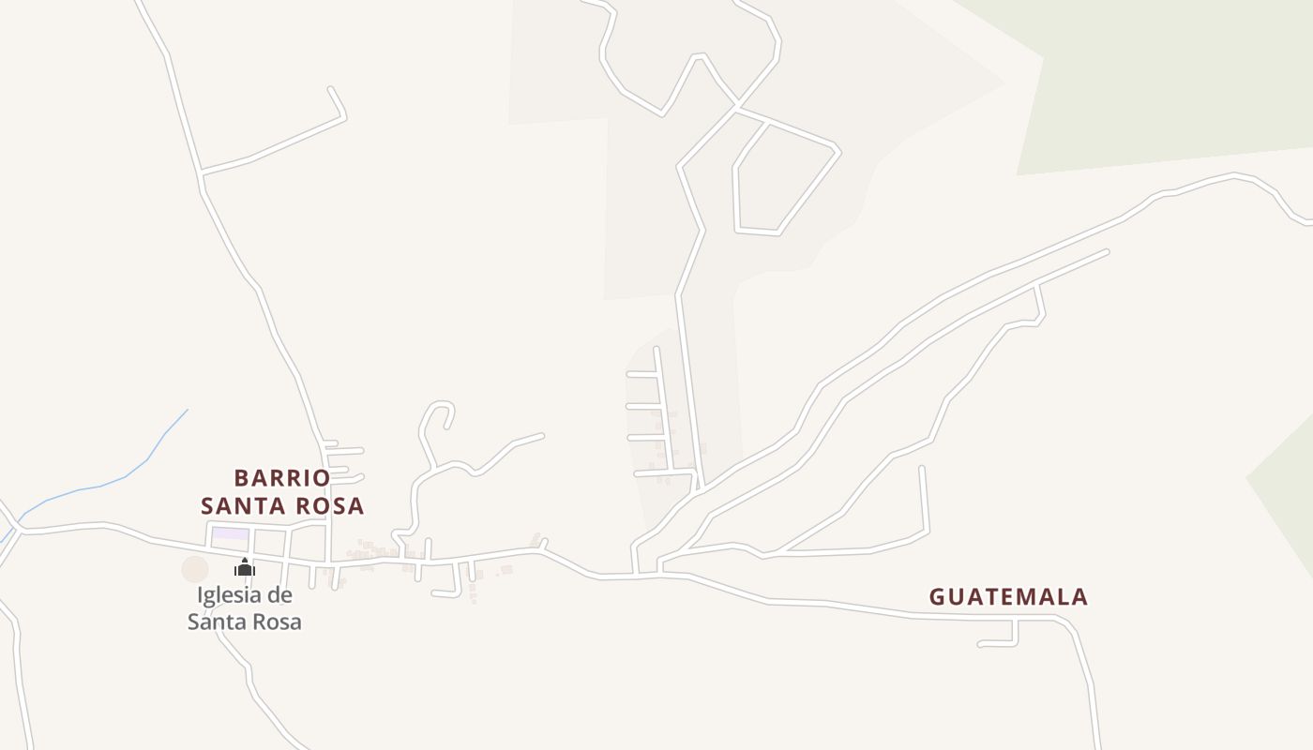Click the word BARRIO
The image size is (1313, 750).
click(x=281, y=478)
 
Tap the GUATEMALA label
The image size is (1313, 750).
click(x=1008, y=597)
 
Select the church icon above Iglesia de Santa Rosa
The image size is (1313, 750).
click(x=245, y=567)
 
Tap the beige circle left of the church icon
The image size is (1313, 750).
click(x=195, y=569)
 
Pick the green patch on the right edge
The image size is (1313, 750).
click(x=1290, y=497)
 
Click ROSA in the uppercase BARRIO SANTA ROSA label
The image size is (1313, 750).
click(x=330, y=506)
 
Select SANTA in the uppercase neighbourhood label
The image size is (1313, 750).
click(x=245, y=506)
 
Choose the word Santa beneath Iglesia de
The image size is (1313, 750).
click(x=217, y=622)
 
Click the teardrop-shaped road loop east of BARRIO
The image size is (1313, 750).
click(x=437, y=415)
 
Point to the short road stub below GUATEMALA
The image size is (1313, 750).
click(x=999, y=643)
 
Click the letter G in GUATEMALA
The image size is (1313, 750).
click(x=937, y=597)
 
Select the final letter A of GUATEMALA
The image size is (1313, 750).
click(x=1079, y=597)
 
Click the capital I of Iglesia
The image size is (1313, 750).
click(x=201, y=595)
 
